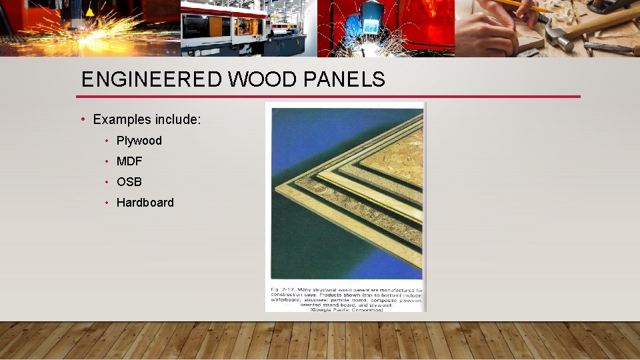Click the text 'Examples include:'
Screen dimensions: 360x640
click(x=147, y=119)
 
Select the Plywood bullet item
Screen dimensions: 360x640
click(x=139, y=141)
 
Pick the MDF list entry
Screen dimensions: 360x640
click(x=129, y=161)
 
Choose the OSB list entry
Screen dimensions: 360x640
click(x=129, y=182)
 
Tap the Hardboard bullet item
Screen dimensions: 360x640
click(x=145, y=203)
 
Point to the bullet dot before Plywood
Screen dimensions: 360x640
click(x=107, y=141)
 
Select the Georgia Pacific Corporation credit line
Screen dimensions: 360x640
click(x=346, y=309)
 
